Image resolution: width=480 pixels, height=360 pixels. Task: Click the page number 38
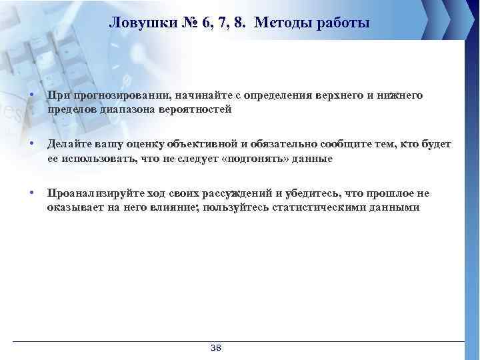[216, 349]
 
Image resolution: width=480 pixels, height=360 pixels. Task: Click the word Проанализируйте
[87, 194]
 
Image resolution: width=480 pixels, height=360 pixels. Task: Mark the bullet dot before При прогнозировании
[32, 96]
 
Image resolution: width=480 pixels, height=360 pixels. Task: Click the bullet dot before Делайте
[32, 145]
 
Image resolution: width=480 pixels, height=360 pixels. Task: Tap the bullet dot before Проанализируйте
[32, 193]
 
